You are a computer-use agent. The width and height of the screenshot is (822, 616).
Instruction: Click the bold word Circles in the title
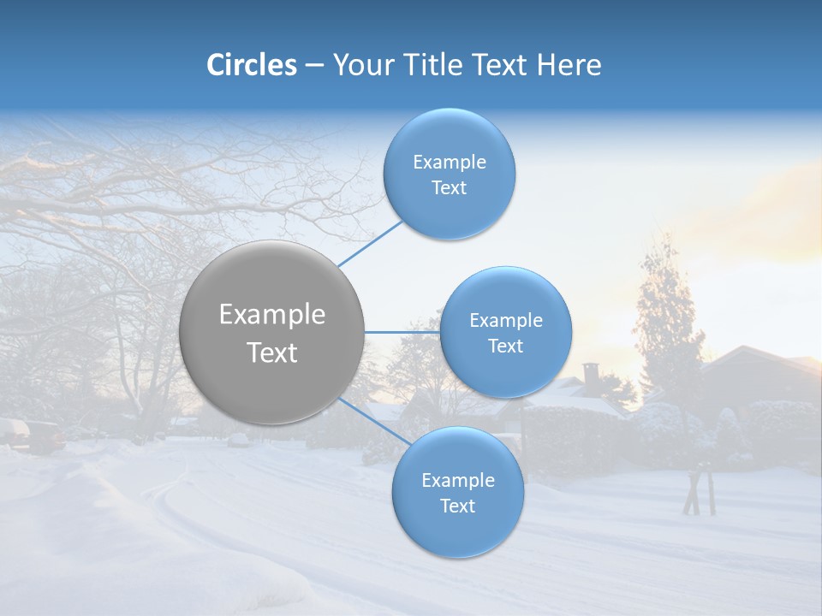coord(252,65)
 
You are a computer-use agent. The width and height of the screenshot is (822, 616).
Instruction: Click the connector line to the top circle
coord(370,243)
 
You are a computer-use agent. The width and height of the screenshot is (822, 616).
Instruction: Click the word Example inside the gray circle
coord(272,315)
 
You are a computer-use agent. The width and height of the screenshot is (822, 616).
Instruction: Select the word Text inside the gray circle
coord(272,352)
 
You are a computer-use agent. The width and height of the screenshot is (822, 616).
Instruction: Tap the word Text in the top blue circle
coord(449,188)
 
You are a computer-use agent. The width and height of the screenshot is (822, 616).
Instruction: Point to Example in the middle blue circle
coord(505,321)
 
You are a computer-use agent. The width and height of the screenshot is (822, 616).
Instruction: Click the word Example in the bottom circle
coord(457,481)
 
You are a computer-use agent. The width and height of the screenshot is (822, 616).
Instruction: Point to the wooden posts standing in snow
coord(700,489)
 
